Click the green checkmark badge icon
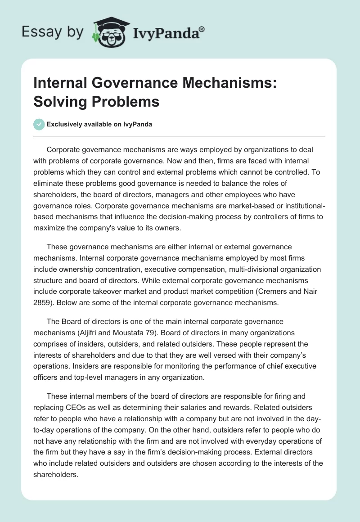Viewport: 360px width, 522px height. [x=39, y=124]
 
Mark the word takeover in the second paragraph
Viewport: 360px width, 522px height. [x=118, y=292]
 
